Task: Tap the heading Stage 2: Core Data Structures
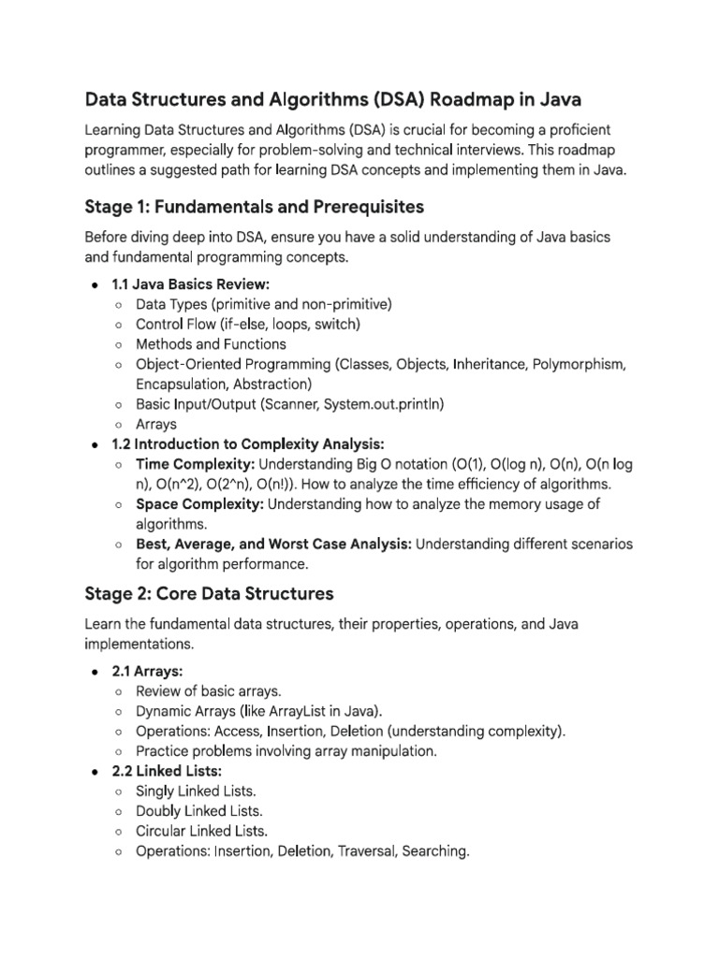pos(209,593)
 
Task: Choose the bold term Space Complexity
pos(199,504)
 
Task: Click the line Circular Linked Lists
pos(201,831)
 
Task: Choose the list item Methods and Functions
pos(211,343)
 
